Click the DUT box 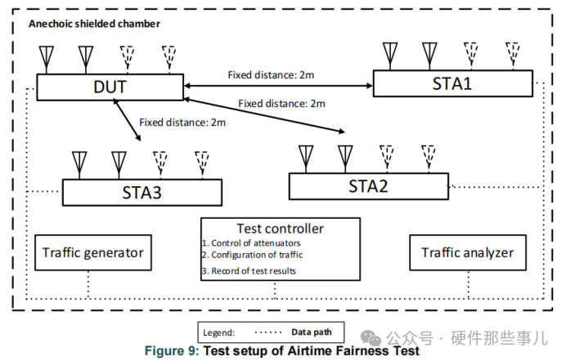coord(109,85)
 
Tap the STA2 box coord(368,185)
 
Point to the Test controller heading coord(280,229)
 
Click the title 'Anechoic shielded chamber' coord(94,24)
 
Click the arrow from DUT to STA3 coord(130,119)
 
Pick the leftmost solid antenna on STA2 coord(306,155)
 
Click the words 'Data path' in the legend coord(308,332)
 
